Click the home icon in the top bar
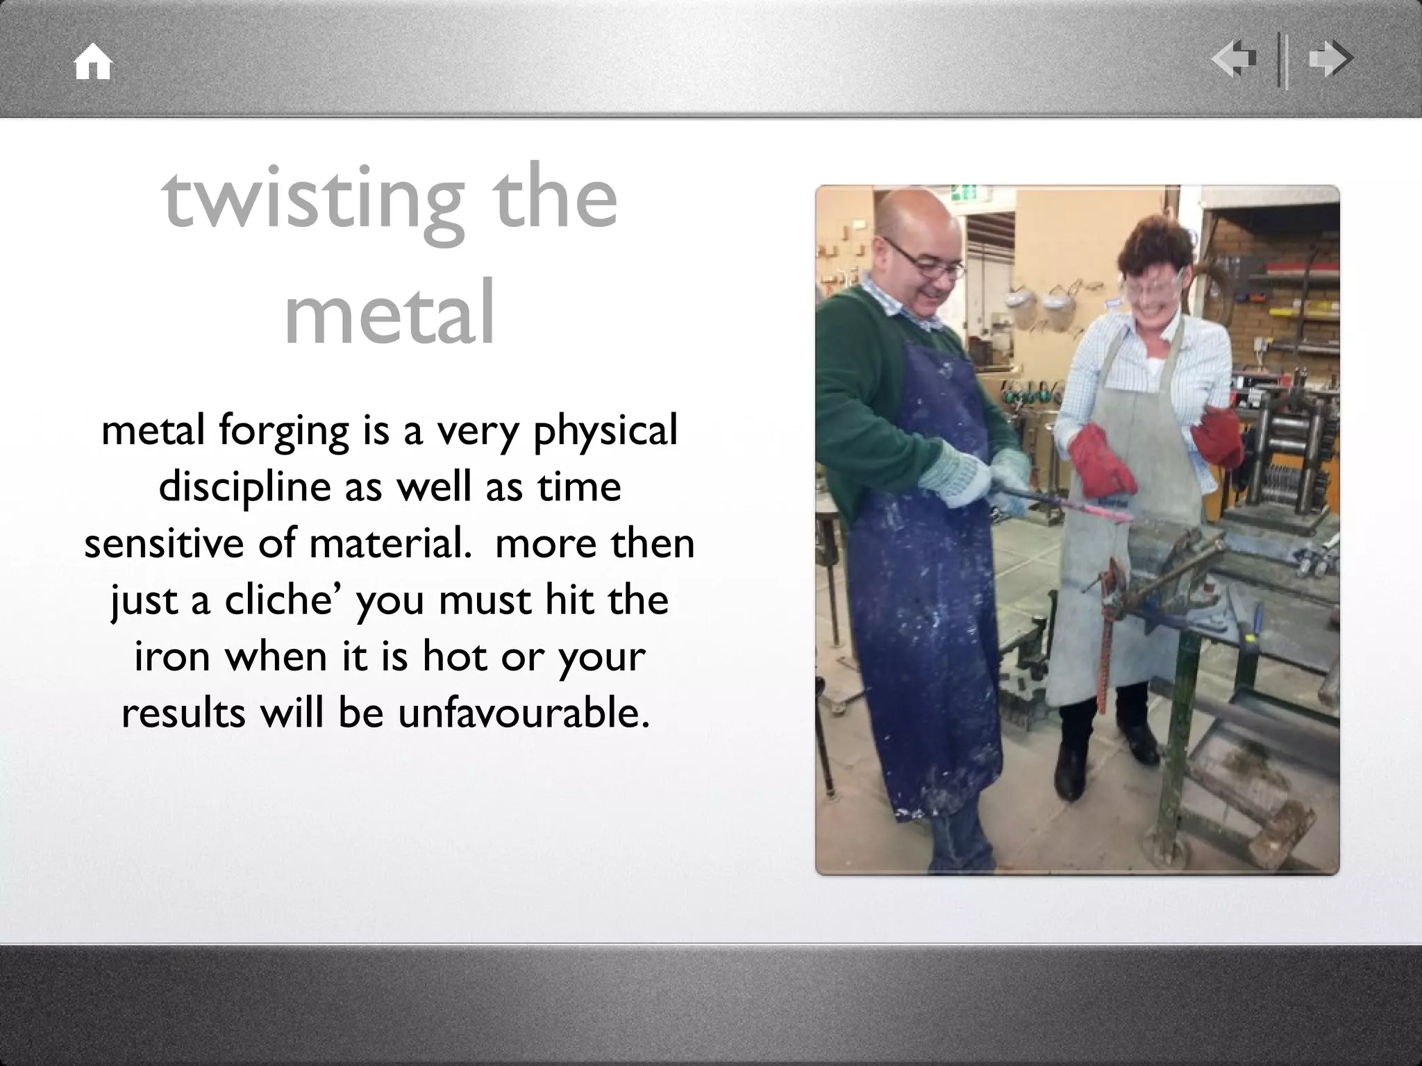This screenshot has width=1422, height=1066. click(x=93, y=62)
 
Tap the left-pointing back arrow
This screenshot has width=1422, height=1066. click(x=1234, y=59)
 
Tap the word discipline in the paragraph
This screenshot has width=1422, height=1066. click(x=244, y=487)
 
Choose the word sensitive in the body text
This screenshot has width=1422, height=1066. click(x=165, y=543)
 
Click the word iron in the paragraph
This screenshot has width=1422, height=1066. click(x=172, y=657)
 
